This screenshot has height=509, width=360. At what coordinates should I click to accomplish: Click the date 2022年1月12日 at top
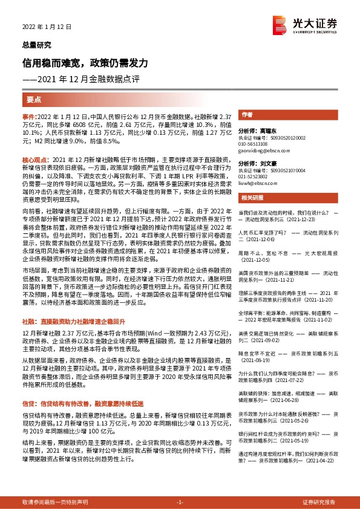click(47, 27)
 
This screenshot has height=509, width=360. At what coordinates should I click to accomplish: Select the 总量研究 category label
click(36, 44)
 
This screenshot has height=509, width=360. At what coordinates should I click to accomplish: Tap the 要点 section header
click(34, 100)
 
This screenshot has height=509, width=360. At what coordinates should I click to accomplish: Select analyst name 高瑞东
click(265, 130)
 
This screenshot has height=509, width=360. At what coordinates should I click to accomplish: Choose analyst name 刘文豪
click(265, 163)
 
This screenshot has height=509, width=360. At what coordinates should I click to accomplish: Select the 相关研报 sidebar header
click(252, 198)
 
